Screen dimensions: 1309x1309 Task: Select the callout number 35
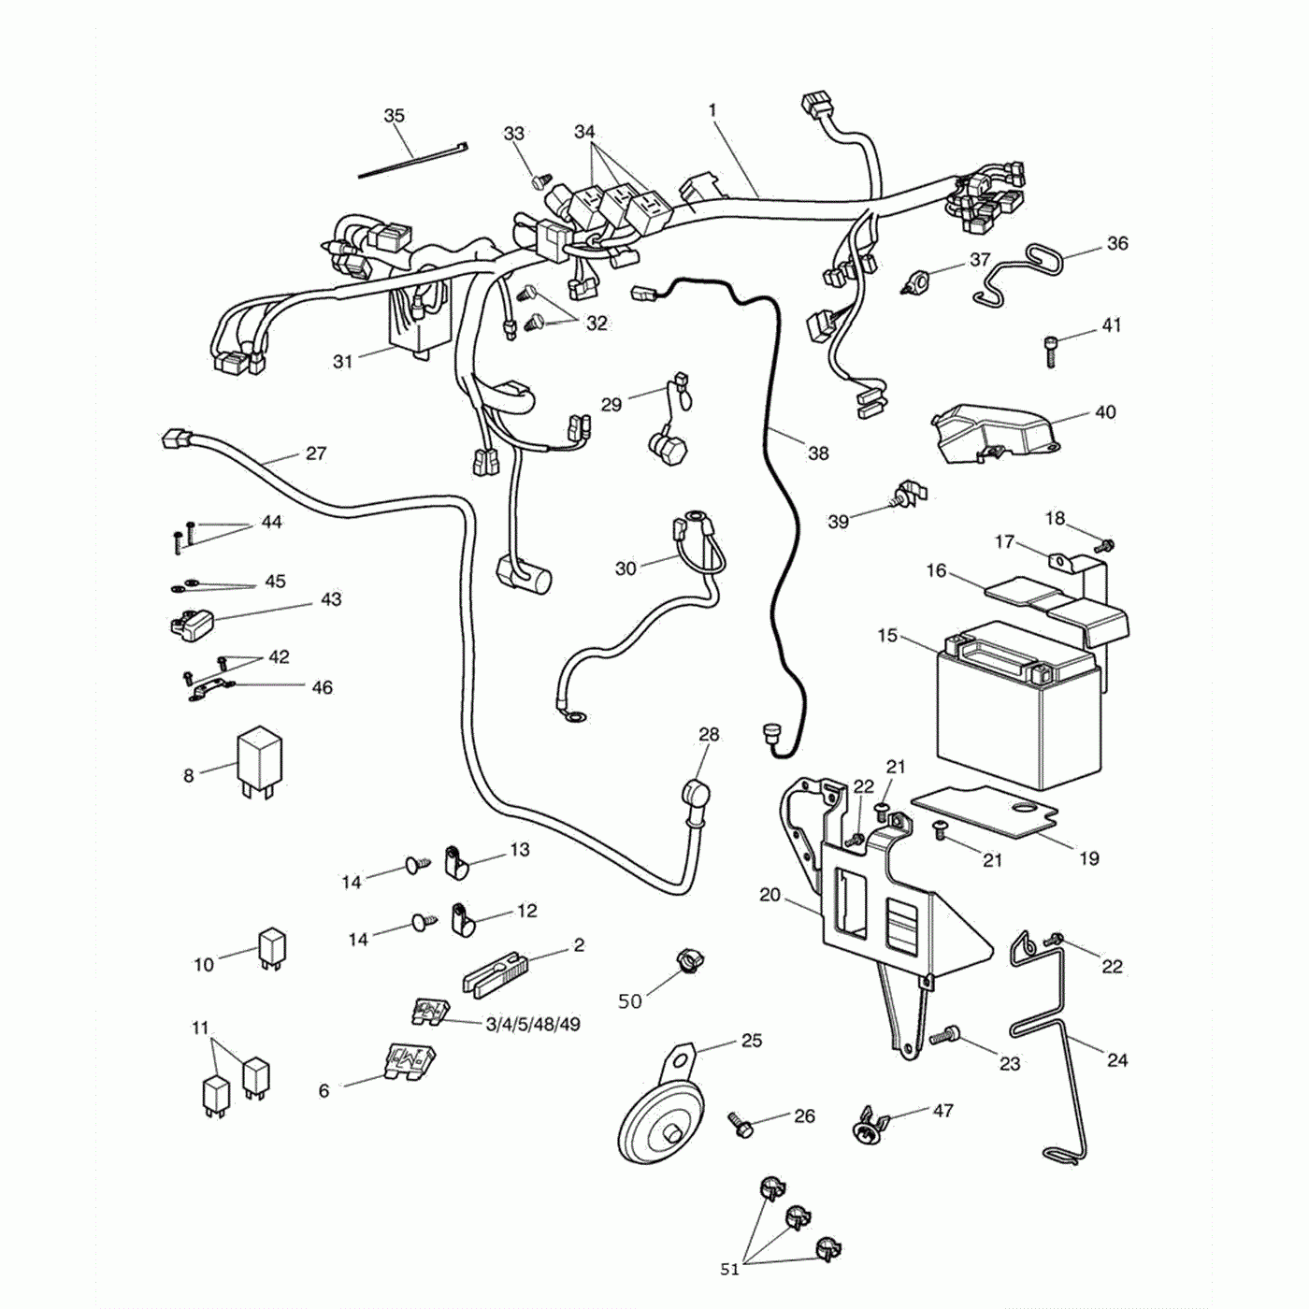395,116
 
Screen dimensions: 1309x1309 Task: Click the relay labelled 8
258,760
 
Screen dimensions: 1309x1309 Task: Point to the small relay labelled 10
272,946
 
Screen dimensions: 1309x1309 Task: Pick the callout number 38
818,453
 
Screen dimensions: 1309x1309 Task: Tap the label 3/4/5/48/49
533,1025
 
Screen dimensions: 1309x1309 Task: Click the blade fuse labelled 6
409,1063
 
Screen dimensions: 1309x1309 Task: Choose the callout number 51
729,1269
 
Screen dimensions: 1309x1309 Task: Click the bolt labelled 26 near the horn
741,1125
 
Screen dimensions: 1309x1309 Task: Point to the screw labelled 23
947,1035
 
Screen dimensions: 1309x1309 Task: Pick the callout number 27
316,453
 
